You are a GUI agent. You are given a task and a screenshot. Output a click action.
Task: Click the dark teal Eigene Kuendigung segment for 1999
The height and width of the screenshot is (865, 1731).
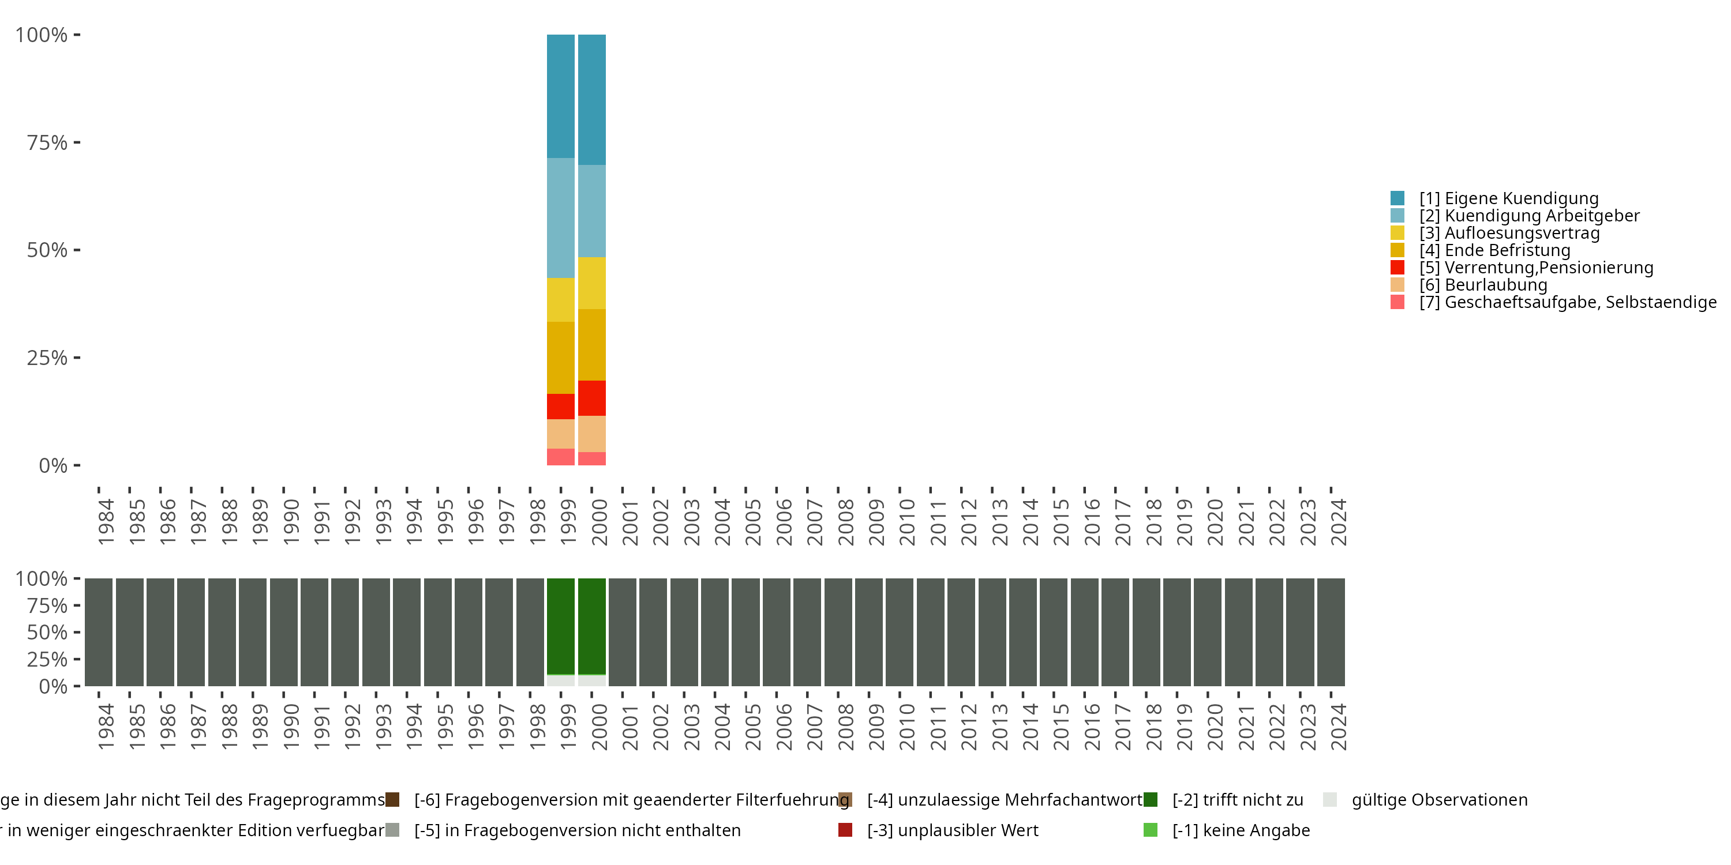tap(560, 96)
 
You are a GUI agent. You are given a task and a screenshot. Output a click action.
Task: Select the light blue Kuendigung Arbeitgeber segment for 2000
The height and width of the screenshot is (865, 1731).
tap(591, 211)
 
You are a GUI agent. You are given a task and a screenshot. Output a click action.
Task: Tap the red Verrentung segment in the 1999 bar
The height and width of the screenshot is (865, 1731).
tap(560, 407)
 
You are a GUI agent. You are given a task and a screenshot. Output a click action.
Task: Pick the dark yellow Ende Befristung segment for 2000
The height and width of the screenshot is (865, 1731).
tap(591, 344)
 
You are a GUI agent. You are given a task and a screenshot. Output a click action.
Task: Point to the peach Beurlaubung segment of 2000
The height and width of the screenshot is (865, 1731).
tap(591, 434)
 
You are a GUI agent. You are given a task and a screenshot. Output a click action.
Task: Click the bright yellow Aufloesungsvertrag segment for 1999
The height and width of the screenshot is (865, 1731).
tap(560, 299)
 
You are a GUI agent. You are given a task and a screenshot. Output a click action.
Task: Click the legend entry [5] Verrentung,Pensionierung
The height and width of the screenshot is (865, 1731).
tap(1535, 268)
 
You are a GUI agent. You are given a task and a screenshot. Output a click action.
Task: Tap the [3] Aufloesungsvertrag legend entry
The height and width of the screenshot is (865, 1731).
tap(1509, 233)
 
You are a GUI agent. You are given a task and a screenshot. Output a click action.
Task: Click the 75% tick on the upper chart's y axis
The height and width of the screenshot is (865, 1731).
tap(47, 142)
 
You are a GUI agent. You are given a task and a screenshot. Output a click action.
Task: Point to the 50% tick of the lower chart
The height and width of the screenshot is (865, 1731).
tap(47, 632)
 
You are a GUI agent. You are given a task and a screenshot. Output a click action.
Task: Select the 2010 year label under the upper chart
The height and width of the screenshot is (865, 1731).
tap(907, 522)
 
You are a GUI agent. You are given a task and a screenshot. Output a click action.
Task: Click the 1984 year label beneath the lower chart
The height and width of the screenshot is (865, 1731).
tap(106, 727)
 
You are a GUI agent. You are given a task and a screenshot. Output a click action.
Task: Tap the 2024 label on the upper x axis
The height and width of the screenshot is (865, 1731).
tap(1338, 522)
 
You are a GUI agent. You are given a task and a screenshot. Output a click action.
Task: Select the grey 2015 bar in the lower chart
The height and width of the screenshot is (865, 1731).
tap(1053, 632)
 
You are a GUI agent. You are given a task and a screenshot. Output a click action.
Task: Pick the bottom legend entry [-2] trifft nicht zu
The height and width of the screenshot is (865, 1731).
tap(1237, 800)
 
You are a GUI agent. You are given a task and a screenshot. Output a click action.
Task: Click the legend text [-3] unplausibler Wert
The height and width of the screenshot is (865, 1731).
tap(952, 830)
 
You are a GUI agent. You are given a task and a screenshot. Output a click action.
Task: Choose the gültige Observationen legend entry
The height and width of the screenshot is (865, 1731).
tap(1438, 800)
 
